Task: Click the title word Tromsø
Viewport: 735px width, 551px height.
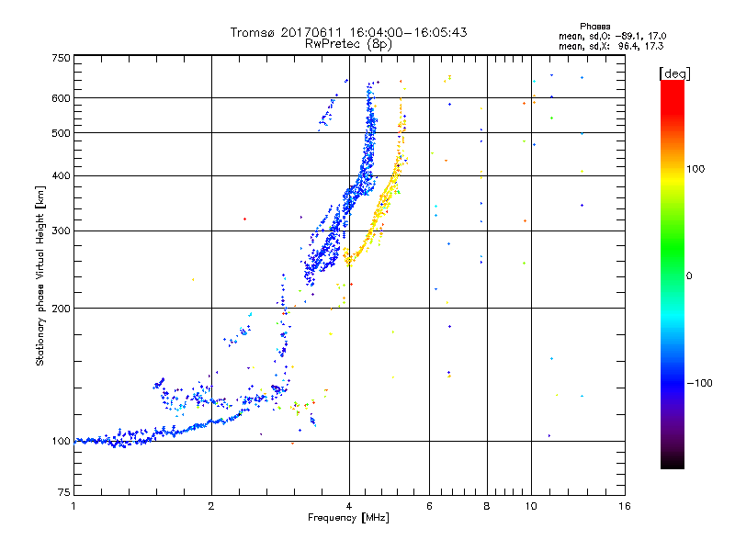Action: [x=253, y=32]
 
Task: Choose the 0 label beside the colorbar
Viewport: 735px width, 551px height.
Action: [x=690, y=275]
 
